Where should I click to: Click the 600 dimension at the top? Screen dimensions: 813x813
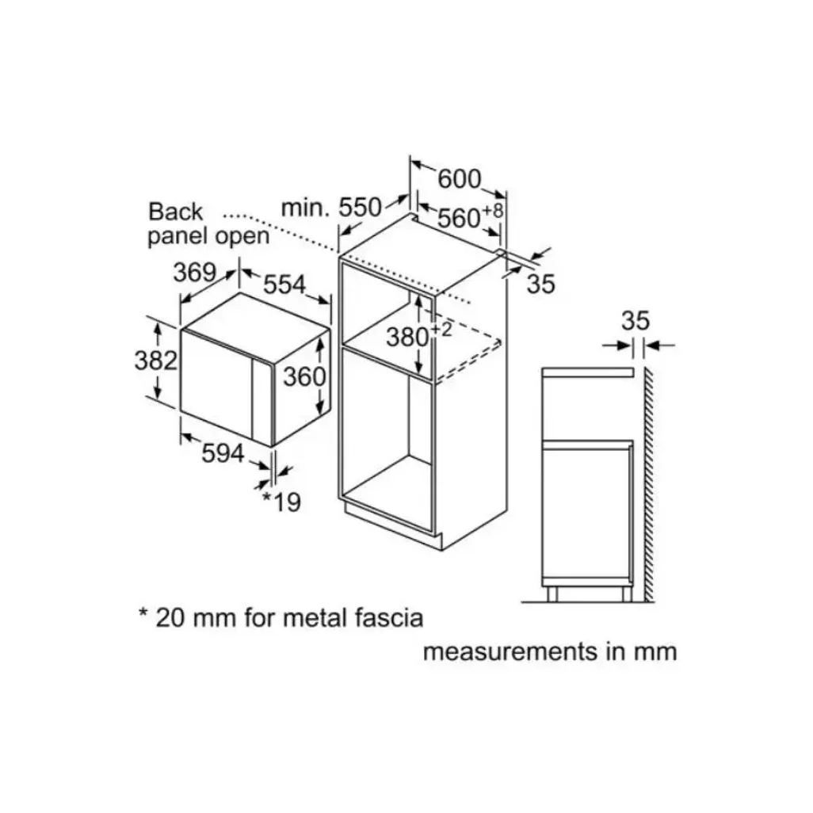pyautogui.click(x=460, y=179)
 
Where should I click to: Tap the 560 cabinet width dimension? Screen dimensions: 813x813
pyautogui.click(x=459, y=218)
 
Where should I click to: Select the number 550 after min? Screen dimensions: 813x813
pyautogui.click(x=360, y=208)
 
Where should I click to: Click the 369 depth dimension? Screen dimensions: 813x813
pyautogui.click(x=194, y=273)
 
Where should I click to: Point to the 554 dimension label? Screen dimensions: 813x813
pyautogui.click(x=285, y=284)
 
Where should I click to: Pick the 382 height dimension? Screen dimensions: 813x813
pyautogui.click(x=156, y=360)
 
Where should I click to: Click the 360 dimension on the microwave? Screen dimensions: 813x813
pyautogui.click(x=304, y=376)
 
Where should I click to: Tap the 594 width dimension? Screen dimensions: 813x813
pyautogui.click(x=223, y=454)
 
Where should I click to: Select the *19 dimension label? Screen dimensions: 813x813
pyautogui.click(x=281, y=502)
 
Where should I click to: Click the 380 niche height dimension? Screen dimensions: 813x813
pyautogui.click(x=407, y=338)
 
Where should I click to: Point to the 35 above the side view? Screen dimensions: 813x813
pyautogui.click(x=636, y=320)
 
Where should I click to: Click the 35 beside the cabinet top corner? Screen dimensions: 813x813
pyautogui.click(x=540, y=284)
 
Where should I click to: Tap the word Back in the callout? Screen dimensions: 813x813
pyautogui.click(x=175, y=212)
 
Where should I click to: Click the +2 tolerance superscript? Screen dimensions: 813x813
pyautogui.click(x=441, y=330)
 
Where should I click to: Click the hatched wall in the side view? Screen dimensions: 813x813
pyautogui.click(x=649, y=485)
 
